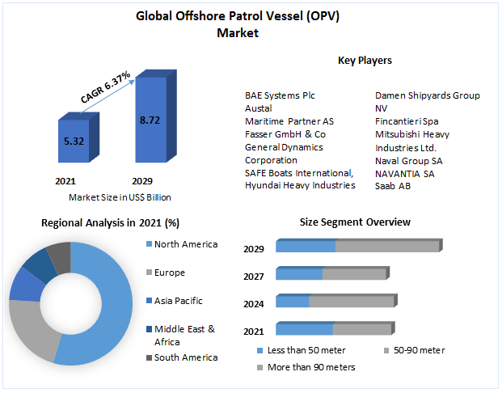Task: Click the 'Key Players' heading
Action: (x=365, y=60)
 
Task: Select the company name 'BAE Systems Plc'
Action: (x=281, y=95)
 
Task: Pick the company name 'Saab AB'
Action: (x=392, y=185)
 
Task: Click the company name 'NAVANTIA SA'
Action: (x=405, y=173)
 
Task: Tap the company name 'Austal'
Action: (x=259, y=108)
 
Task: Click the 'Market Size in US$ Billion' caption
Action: (x=120, y=196)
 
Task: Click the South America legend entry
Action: (x=186, y=357)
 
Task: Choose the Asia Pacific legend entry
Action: (x=179, y=301)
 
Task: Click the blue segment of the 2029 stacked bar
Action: (x=306, y=246)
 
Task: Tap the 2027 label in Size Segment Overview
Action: (x=254, y=277)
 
